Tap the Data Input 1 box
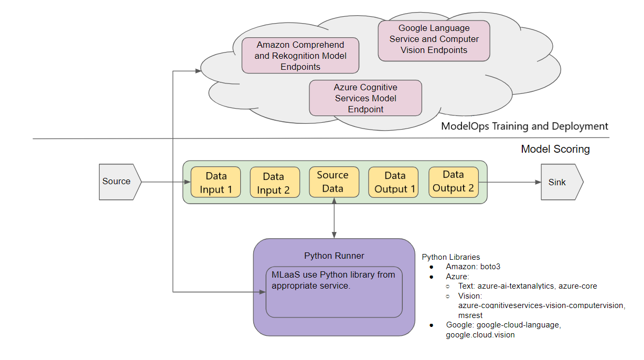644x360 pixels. click(216, 182)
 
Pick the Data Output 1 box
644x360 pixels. click(393, 182)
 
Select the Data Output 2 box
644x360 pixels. click(454, 182)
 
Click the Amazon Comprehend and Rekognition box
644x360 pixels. click(300, 55)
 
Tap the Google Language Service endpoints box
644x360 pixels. click(434, 39)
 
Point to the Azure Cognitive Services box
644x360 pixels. click(366, 98)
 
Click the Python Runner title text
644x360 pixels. click(334, 256)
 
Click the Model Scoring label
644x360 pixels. click(555, 149)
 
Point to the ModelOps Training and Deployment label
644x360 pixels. click(524, 126)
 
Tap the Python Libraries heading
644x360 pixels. click(450, 257)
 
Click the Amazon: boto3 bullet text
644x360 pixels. click(473, 267)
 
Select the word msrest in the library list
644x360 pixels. click(470, 315)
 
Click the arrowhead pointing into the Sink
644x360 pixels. click(538, 182)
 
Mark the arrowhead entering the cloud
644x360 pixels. click(198, 70)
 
